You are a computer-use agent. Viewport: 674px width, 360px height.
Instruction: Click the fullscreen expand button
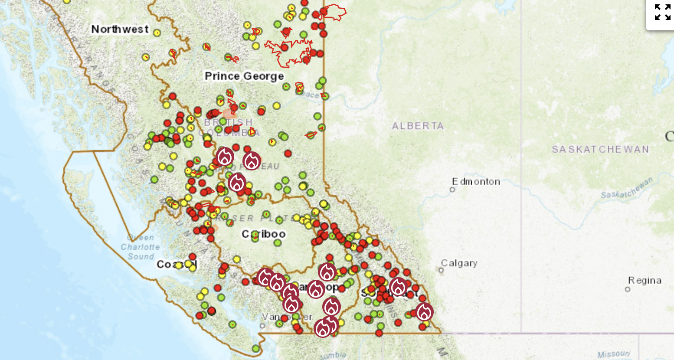[662, 12]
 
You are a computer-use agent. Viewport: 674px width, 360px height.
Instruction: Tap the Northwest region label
[120, 29]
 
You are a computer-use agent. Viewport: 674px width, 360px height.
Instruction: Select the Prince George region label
[244, 76]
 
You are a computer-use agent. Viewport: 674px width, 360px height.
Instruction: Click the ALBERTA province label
[418, 126]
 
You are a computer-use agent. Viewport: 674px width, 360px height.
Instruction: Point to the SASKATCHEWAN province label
[600, 149]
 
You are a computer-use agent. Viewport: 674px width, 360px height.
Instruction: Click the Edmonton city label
[476, 181]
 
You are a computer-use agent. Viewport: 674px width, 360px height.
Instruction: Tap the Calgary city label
[459, 263]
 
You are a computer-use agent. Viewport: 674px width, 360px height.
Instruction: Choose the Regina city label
[645, 280]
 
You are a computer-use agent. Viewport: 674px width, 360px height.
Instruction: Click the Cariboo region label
[264, 234]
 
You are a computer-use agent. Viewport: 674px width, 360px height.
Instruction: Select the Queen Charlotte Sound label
[140, 247]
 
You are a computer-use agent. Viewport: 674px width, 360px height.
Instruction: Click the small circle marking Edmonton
[452, 190]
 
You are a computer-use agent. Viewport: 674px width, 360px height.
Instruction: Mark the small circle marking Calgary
[441, 270]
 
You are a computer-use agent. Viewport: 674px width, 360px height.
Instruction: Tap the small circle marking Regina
[627, 289]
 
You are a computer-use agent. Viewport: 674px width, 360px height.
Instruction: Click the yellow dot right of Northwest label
[157, 33]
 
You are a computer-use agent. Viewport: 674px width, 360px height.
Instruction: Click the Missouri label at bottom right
[613, 354]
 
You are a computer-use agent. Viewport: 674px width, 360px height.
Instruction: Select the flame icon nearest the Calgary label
[398, 287]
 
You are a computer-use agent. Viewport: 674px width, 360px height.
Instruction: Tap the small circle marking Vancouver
[262, 325]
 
